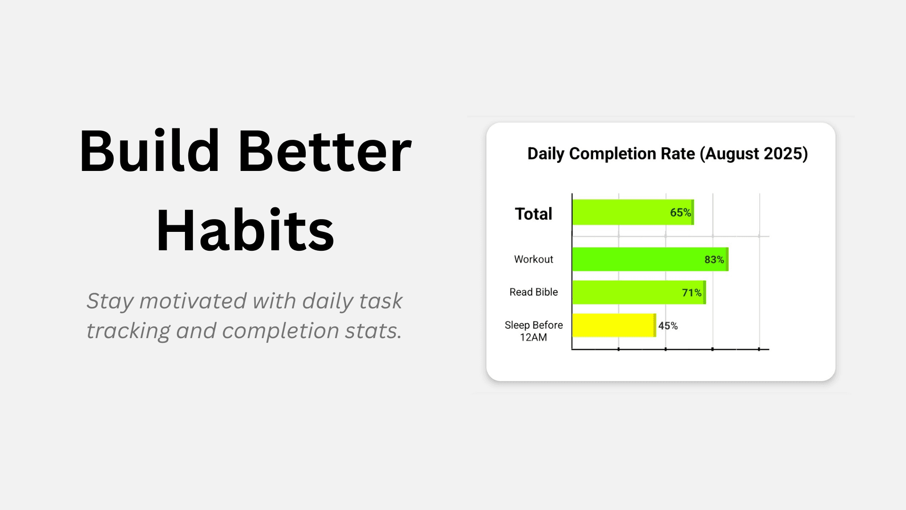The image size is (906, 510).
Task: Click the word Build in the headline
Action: point(149,152)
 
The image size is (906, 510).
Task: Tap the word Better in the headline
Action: point(325,152)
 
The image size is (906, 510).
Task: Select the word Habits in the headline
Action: point(245,231)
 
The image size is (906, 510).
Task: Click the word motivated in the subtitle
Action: point(193,301)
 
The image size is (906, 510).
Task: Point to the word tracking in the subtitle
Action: point(128,331)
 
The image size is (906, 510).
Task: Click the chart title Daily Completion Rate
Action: point(611,153)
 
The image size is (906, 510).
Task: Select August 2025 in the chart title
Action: point(754,153)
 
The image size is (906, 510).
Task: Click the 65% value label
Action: point(680,212)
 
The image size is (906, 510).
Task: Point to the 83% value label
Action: point(714,260)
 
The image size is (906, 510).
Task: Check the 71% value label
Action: point(691,293)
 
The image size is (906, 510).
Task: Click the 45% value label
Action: point(668,326)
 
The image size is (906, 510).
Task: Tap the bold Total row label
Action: point(533,214)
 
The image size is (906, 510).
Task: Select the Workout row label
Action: point(533,259)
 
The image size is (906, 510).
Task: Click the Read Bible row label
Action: point(533,292)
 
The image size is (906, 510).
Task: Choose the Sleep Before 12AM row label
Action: point(533,331)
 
